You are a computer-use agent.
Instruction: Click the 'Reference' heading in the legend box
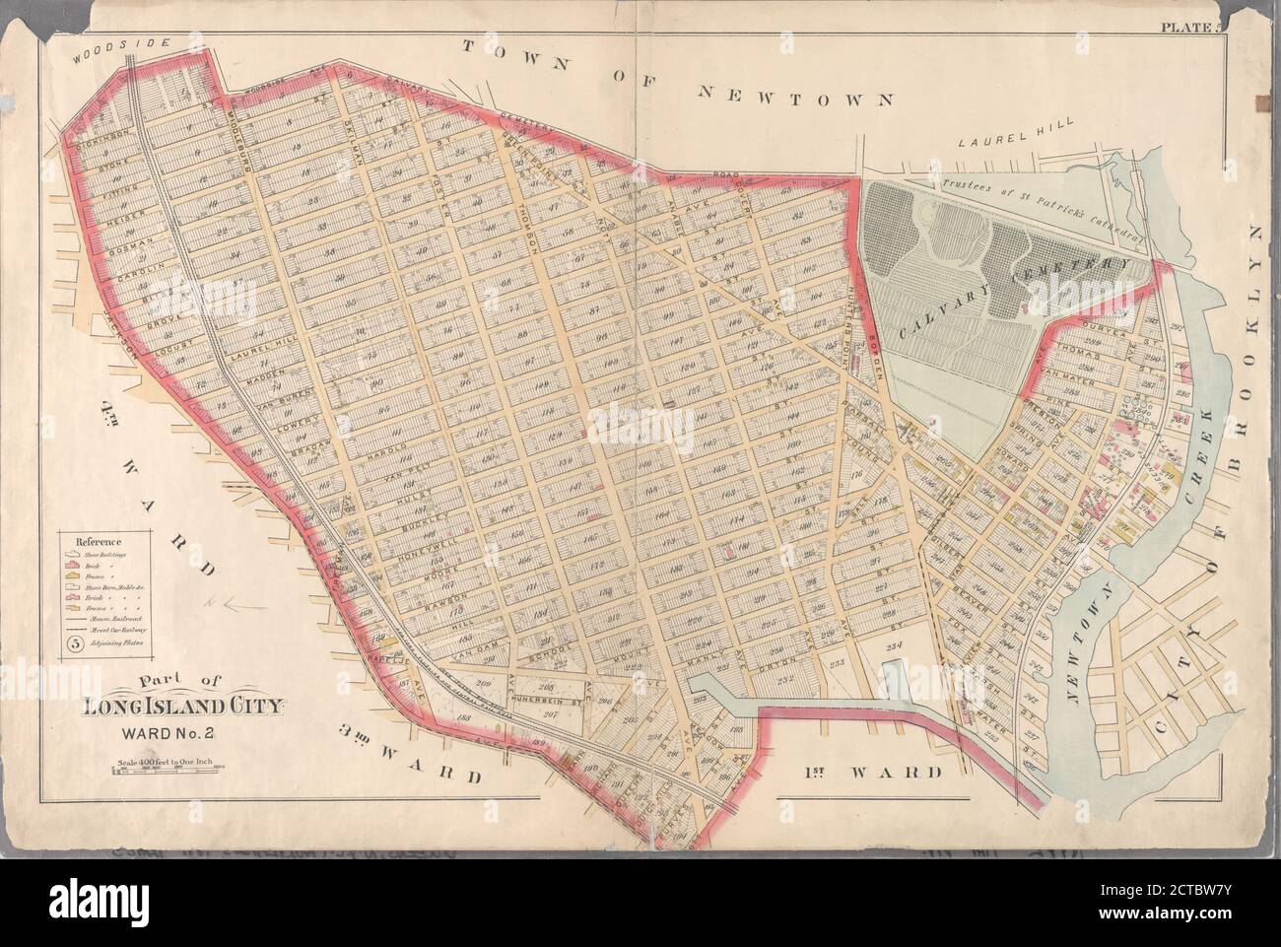(96, 540)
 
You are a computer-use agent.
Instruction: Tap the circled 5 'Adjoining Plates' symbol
(74, 644)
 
